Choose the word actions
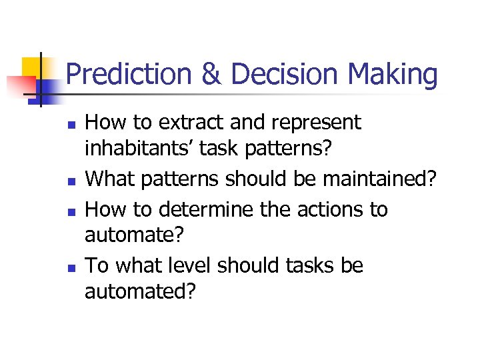pyautogui.click(x=325, y=209)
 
